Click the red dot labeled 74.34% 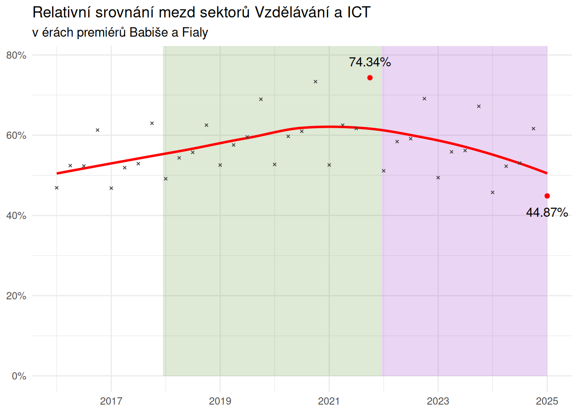point(370,78)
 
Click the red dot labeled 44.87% point(547,196)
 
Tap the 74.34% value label point(370,62)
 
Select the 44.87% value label point(547,213)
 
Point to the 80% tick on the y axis point(16,55)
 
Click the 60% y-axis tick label point(16,136)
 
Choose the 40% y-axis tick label point(16,216)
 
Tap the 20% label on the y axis point(16,296)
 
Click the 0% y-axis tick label point(19,376)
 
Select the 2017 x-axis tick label point(111,401)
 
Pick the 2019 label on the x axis point(220,401)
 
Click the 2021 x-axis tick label point(329,401)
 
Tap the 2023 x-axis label point(438,401)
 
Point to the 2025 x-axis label point(547,401)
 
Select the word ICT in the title point(359,12)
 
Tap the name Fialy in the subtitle point(195,32)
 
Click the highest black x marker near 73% point(315,82)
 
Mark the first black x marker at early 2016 point(57,188)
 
